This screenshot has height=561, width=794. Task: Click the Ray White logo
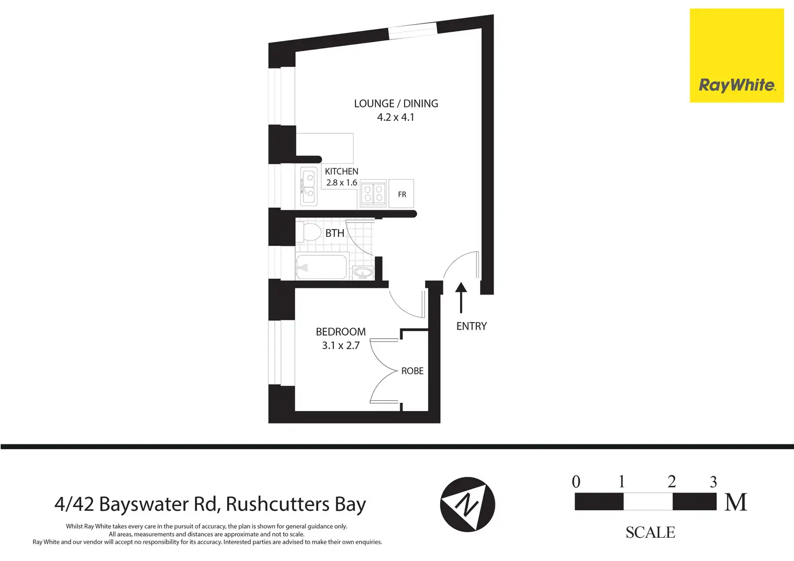(x=737, y=56)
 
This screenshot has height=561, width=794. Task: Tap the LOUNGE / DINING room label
(x=396, y=104)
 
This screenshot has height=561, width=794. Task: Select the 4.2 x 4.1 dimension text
(x=395, y=117)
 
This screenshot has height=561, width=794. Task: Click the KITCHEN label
(x=341, y=172)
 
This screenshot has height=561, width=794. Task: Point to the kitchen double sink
(x=309, y=187)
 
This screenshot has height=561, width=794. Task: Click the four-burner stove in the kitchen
(x=373, y=193)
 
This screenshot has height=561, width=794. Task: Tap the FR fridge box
(x=401, y=194)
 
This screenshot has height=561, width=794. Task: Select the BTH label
(x=334, y=233)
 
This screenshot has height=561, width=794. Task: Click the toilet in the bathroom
(x=309, y=232)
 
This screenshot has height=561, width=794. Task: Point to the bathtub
(x=321, y=267)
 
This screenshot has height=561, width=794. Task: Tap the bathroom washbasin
(x=362, y=273)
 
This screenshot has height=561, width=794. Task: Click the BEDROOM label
(x=341, y=332)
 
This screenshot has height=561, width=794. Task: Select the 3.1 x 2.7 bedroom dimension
(x=341, y=346)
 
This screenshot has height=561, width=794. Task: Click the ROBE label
(x=412, y=371)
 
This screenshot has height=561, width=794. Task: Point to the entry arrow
(x=461, y=298)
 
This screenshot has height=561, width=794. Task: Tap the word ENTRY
(x=471, y=326)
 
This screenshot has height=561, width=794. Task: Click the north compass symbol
(x=468, y=504)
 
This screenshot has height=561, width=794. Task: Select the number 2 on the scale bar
(x=672, y=482)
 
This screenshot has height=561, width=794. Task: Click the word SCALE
(x=650, y=532)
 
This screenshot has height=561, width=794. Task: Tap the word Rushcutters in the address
(x=278, y=504)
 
